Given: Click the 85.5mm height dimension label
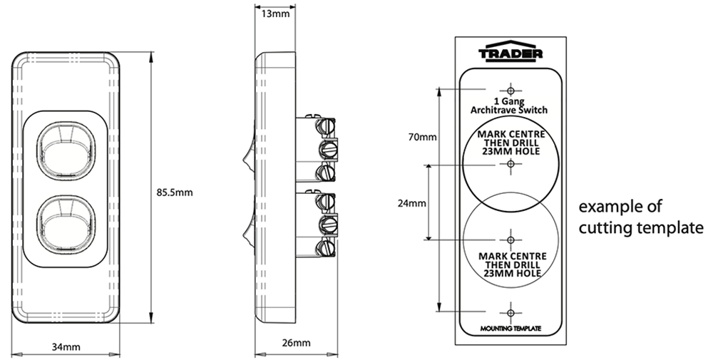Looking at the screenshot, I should tap(174, 192).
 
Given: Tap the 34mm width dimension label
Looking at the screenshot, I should tap(65, 346).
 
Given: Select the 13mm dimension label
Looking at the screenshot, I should tap(275, 14).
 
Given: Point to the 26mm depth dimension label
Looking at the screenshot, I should tap(296, 343).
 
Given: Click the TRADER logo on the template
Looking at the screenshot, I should tap(511, 53).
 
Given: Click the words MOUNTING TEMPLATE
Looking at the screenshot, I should tap(510, 329).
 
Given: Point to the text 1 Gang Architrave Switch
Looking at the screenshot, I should tap(510, 106).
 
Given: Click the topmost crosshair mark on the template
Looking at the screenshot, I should tap(511, 90).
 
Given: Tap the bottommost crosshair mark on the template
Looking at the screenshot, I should tap(511, 312).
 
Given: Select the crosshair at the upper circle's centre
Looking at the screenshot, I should tap(511, 165).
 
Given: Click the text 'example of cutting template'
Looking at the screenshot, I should tap(640, 217).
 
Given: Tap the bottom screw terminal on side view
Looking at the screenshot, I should tap(328, 247).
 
